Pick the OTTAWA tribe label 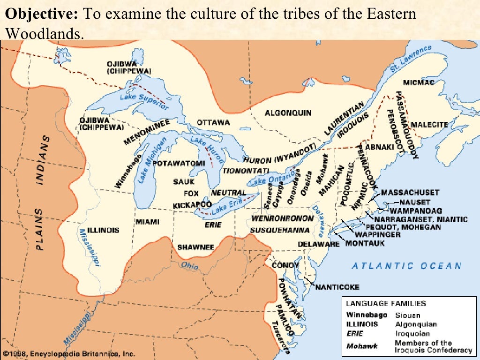point(213,123)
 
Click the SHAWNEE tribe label point(195,247)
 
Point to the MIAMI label point(148,222)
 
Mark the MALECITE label point(429,125)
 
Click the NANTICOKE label point(337,287)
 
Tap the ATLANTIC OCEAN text point(407,266)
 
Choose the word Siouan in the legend point(407,315)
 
